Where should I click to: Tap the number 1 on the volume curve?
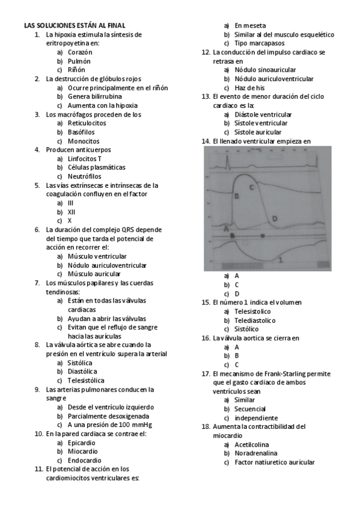click(x=281, y=260)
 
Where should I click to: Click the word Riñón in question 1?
click(x=76, y=70)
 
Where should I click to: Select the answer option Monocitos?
click(x=84, y=141)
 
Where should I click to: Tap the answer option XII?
click(x=72, y=212)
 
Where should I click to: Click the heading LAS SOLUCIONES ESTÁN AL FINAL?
click(x=75, y=25)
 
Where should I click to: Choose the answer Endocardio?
click(x=85, y=460)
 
